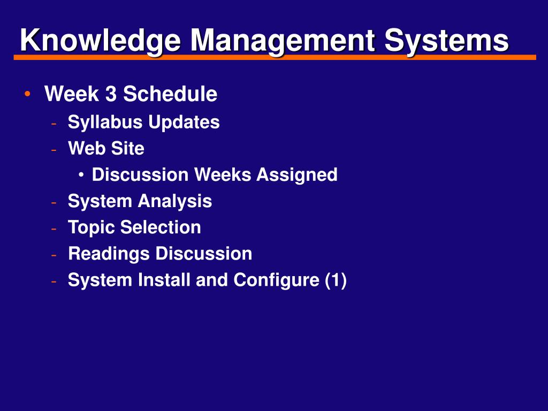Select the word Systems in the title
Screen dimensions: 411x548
(446, 41)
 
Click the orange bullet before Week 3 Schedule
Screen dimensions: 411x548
(27, 94)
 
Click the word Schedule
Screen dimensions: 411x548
(170, 94)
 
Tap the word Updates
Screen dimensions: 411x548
(184, 123)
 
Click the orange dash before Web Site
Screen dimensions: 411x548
(54, 149)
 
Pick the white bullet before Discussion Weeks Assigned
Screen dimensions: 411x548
(81, 175)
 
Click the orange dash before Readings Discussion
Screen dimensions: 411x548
(54, 254)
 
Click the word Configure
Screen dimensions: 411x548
(276, 280)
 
